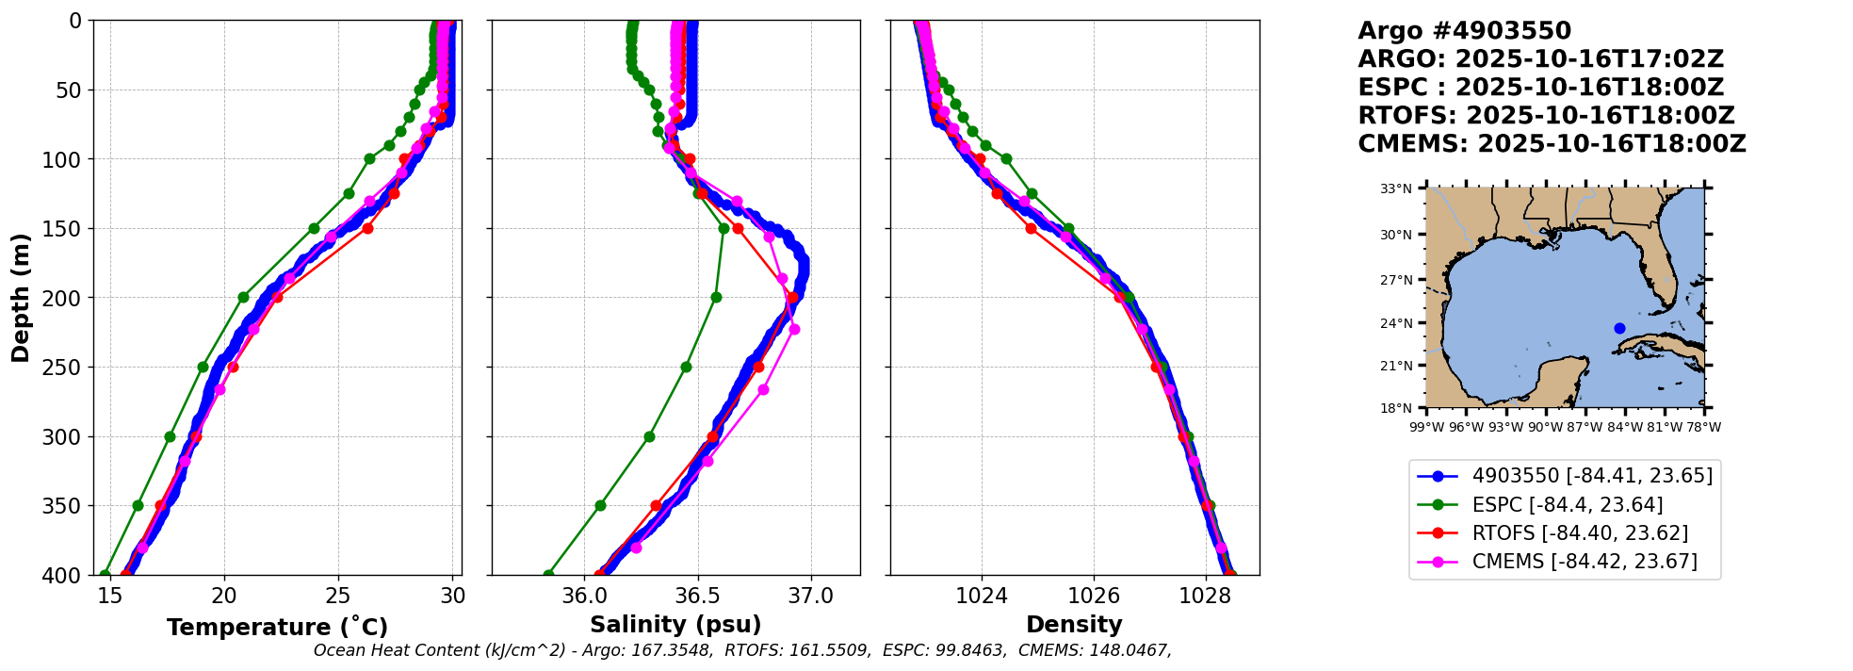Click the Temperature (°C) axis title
(x=277, y=628)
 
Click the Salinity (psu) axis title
(x=675, y=625)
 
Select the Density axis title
(x=1074, y=625)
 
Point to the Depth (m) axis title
(x=21, y=298)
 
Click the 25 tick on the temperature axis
(x=338, y=596)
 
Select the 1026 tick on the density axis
(x=1094, y=596)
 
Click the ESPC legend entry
(x=1567, y=505)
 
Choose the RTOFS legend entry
(x=1579, y=533)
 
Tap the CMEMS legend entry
(x=1584, y=562)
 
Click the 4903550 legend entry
(x=1591, y=476)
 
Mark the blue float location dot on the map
(x=1619, y=328)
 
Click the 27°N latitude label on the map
(x=1396, y=280)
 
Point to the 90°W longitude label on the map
(x=1545, y=427)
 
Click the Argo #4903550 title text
(x=1464, y=31)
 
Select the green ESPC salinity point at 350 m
(x=600, y=505)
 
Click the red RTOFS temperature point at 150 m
(x=367, y=228)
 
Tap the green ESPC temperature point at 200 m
(x=243, y=297)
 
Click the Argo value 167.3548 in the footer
(x=673, y=650)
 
